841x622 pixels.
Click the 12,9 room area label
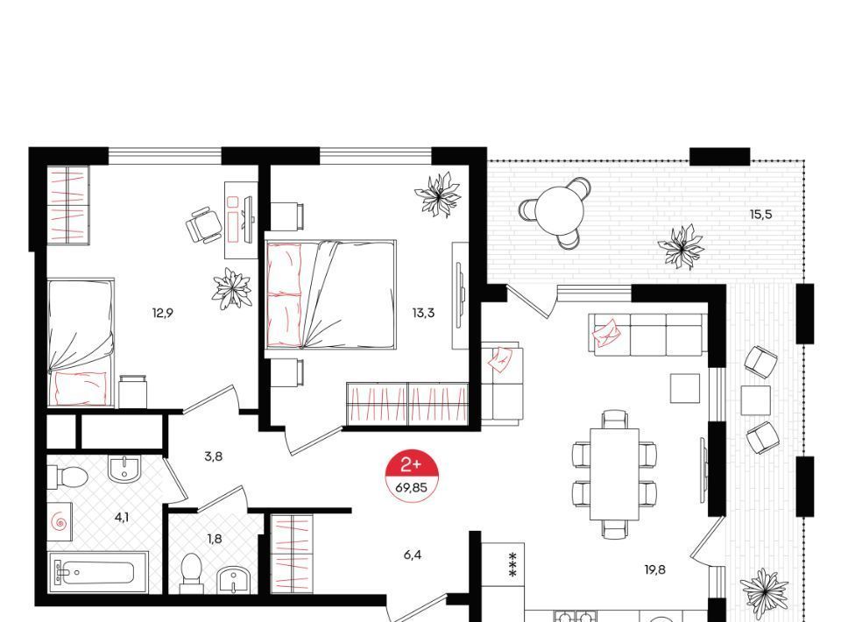click(163, 313)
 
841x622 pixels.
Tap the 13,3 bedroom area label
click(423, 313)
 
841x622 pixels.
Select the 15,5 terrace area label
click(760, 215)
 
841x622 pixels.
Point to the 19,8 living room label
click(655, 569)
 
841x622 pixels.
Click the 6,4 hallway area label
click(413, 555)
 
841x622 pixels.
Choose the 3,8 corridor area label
click(213, 456)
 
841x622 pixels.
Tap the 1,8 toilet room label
click(215, 539)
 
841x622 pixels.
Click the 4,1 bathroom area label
click(121, 518)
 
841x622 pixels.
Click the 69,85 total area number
click(412, 487)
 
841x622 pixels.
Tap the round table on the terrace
click(560, 209)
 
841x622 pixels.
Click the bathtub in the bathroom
click(95, 572)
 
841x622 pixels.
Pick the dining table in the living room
click(615, 474)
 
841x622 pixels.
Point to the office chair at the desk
click(204, 225)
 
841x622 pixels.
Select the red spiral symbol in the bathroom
click(59, 521)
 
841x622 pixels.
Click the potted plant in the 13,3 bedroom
click(438, 194)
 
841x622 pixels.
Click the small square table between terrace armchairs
click(756, 400)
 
